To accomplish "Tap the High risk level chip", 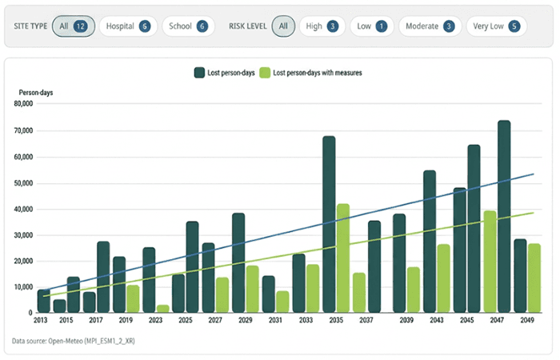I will pos(322,26).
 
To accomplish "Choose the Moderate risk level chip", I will pos(428,26).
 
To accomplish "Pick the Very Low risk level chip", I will pos(496,26).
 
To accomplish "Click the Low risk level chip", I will pos(372,26).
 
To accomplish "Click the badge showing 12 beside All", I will pos(80,26).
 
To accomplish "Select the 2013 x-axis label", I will pos(41,320).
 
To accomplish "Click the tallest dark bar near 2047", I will pos(504,216).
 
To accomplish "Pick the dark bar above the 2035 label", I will pos(329,224).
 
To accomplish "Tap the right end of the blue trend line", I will pos(533,174).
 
